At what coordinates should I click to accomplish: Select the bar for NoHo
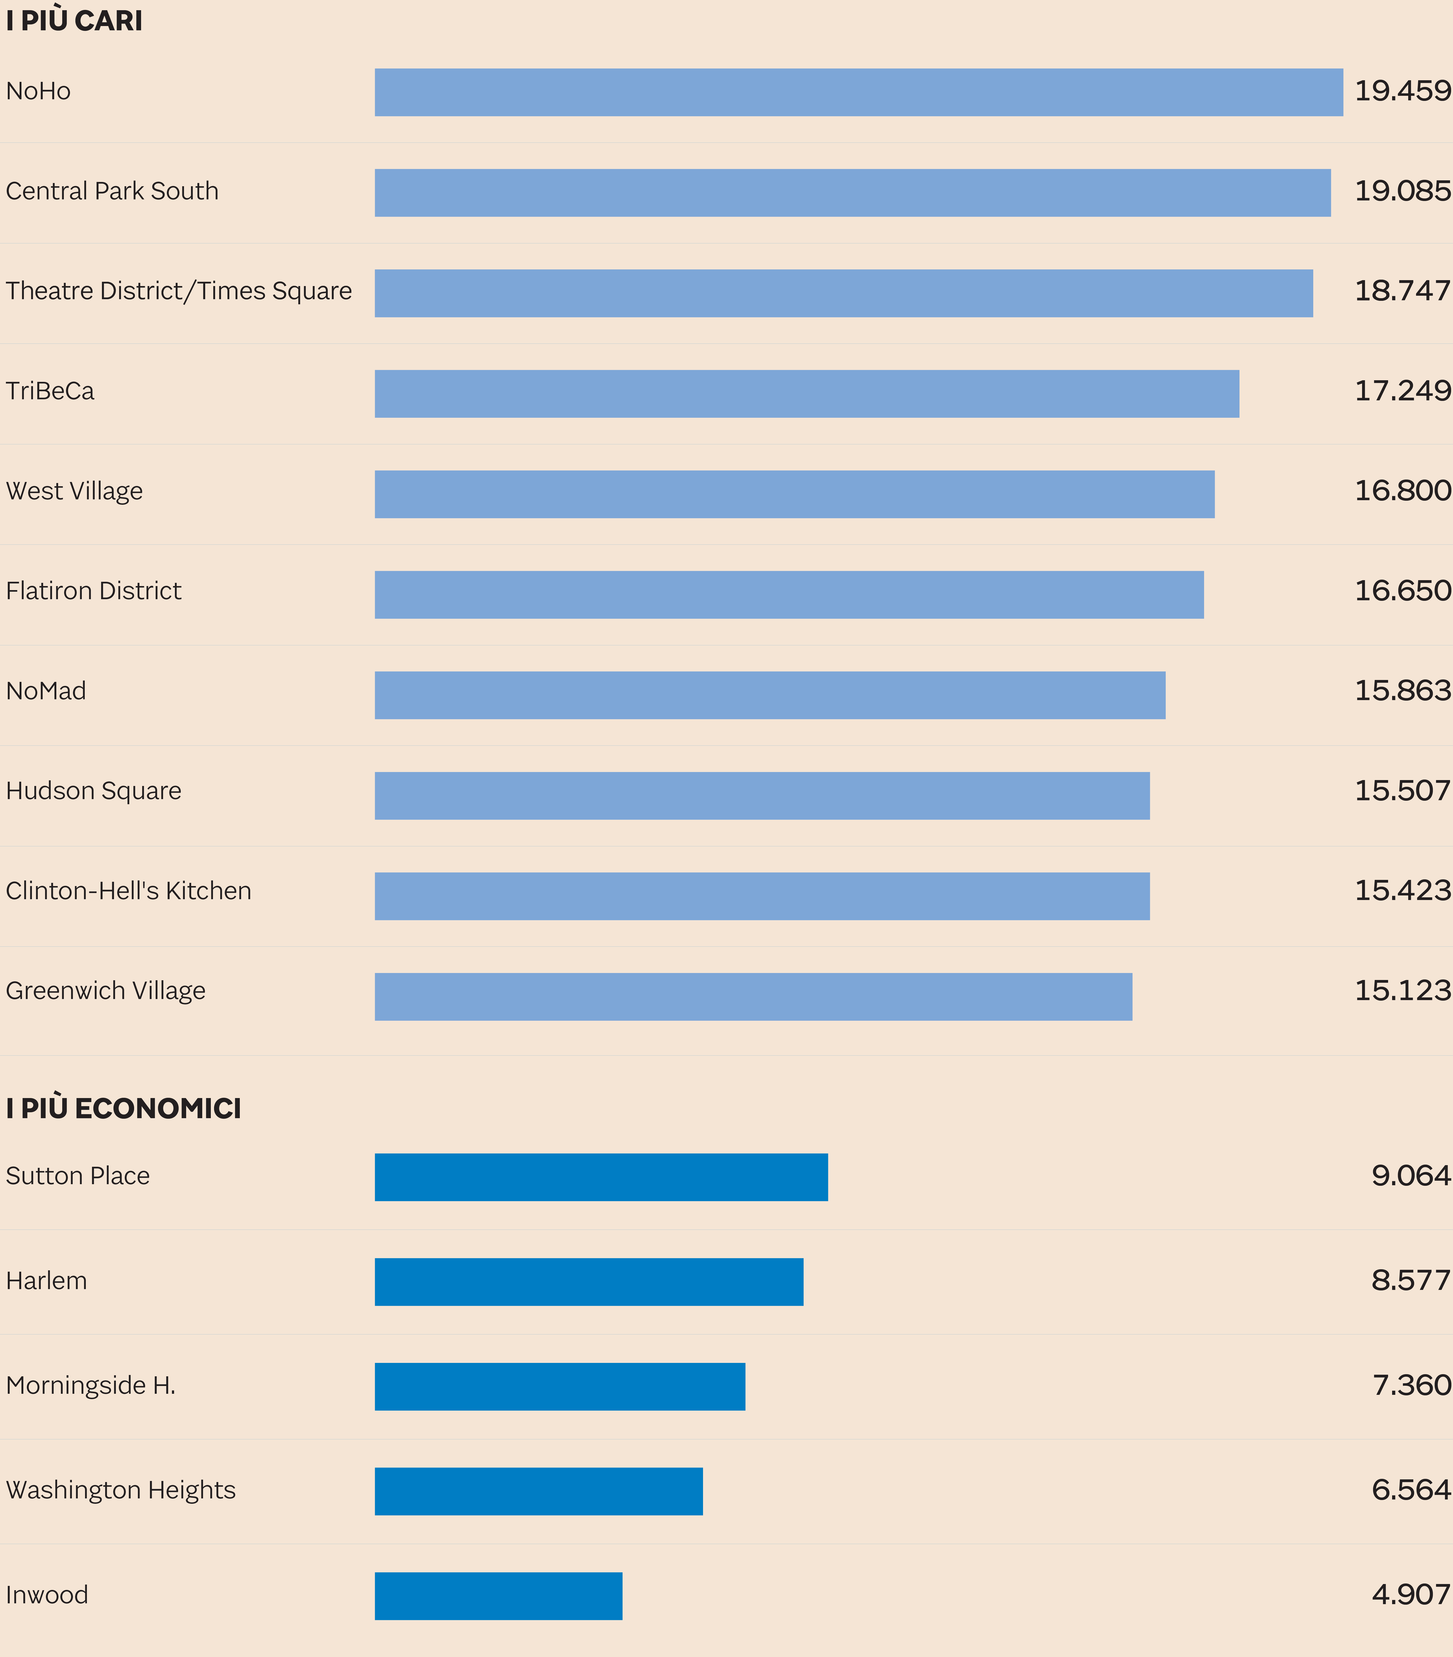pyautogui.click(x=858, y=92)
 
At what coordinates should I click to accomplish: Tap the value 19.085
pyautogui.click(x=1402, y=191)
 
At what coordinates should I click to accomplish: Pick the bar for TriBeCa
pyautogui.click(x=806, y=394)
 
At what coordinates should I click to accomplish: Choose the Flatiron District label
pyautogui.click(x=93, y=591)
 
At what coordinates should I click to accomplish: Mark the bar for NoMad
pyautogui.click(x=770, y=696)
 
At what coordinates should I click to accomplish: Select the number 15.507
pyautogui.click(x=1402, y=791)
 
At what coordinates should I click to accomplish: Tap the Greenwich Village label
pyautogui.click(x=105, y=991)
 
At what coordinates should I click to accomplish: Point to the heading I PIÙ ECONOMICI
pyautogui.click(x=123, y=1108)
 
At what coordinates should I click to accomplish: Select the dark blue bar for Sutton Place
pyautogui.click(x=601, y=1177)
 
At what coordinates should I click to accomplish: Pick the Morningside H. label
pyautogui.click(x=91, y=1385)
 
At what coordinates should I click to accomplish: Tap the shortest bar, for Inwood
pyautogui.click(x=498, y=1596)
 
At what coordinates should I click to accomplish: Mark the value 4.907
pyautogui.click(x=1410, y=1594)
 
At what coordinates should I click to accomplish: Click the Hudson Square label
pyautogui.click(x=93, y=791)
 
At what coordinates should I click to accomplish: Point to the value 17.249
pyautogui.click(x=1402, y=391)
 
